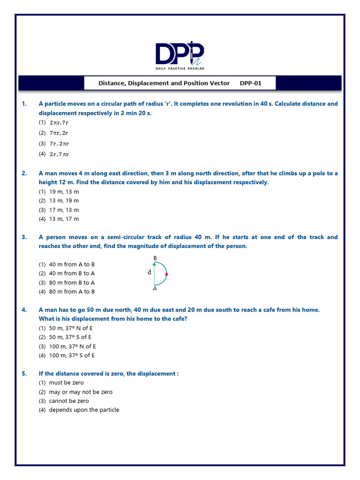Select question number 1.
[24, 104]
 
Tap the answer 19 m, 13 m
[64, 192]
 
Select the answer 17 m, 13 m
[64, 210]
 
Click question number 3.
[24, 237]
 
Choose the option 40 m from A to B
[72, 264]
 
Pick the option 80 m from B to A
[72, 283]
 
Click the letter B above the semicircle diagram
[155, 258]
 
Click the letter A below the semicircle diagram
[155, 289]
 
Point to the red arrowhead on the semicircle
[166, 273]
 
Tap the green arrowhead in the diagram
[154, 264]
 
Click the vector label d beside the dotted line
[149, 272]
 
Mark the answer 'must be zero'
[66, 382]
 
